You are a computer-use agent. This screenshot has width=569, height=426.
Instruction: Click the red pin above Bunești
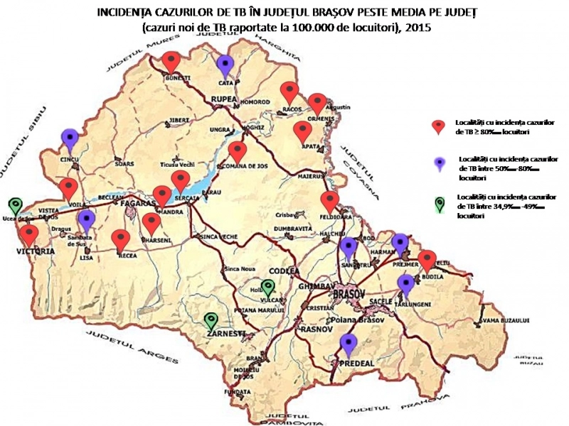[x=171, y=62]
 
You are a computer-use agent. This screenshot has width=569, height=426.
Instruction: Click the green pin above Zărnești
[x=211, y=322]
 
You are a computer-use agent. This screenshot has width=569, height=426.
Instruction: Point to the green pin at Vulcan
[x=267, y=288]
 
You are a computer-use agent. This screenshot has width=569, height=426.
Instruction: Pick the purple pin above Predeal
[x=348, y=344]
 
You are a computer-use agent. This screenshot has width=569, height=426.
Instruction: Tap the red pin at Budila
[x=426, y=261]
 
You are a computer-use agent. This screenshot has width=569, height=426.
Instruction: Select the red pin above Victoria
[x=29, y=234]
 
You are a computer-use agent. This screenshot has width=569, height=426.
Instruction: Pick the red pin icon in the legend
[x=440, y=126]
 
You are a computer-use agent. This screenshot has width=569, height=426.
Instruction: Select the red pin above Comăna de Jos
[x=237, y=152]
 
